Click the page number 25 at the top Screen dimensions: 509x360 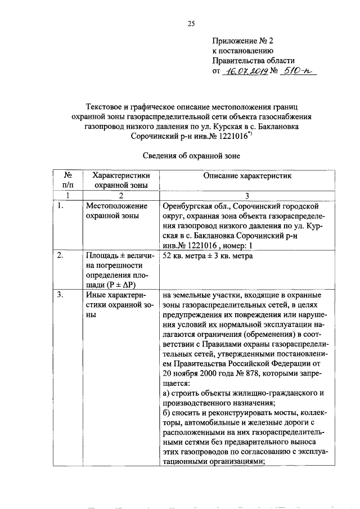point(191,23)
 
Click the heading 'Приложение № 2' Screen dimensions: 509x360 point(241,41)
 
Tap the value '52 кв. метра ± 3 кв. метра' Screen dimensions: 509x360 point(208,256)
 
